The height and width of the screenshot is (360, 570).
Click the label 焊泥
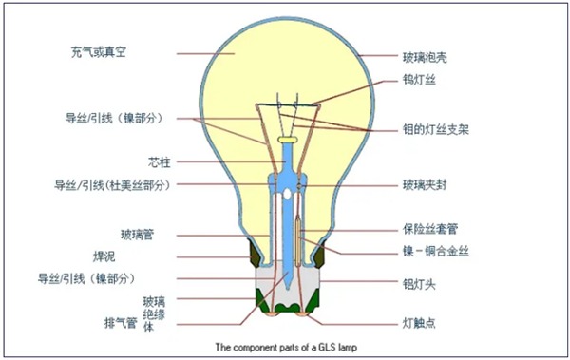click(139, 256)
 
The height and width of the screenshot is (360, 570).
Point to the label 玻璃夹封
click(425, 183)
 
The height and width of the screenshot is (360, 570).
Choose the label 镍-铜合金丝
click(434, 253)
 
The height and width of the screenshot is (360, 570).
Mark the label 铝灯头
click(418, 282)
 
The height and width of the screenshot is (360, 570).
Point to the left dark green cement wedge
click(255, 252)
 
